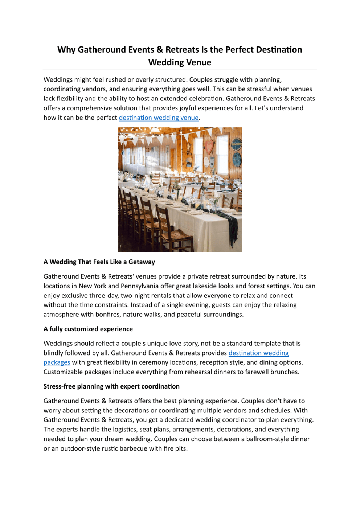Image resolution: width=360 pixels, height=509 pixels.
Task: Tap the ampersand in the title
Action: pyautogui.click(x=160, y=50)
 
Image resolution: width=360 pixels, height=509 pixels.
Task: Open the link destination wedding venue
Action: pyautogui.click(x=159, y=118)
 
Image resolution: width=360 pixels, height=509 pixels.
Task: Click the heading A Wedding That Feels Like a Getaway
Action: pyautogui.click(x=99, y=262)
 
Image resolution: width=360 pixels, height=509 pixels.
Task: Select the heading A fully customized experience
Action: pyautogui.click(x=88, y=329)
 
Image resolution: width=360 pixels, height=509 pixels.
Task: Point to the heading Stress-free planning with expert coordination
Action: pyautogui.click(x=111, y=386)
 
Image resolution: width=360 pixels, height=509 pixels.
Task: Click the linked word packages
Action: pyautogui.click(x=57, y=362)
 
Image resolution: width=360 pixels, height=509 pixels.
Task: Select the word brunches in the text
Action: pyautogui.click(x=285, y=372)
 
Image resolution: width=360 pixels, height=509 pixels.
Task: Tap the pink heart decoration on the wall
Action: pyautogui.click(x=209, y=147)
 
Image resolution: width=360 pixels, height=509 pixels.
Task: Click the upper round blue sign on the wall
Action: pyautogui.click(x=236, y=144)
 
